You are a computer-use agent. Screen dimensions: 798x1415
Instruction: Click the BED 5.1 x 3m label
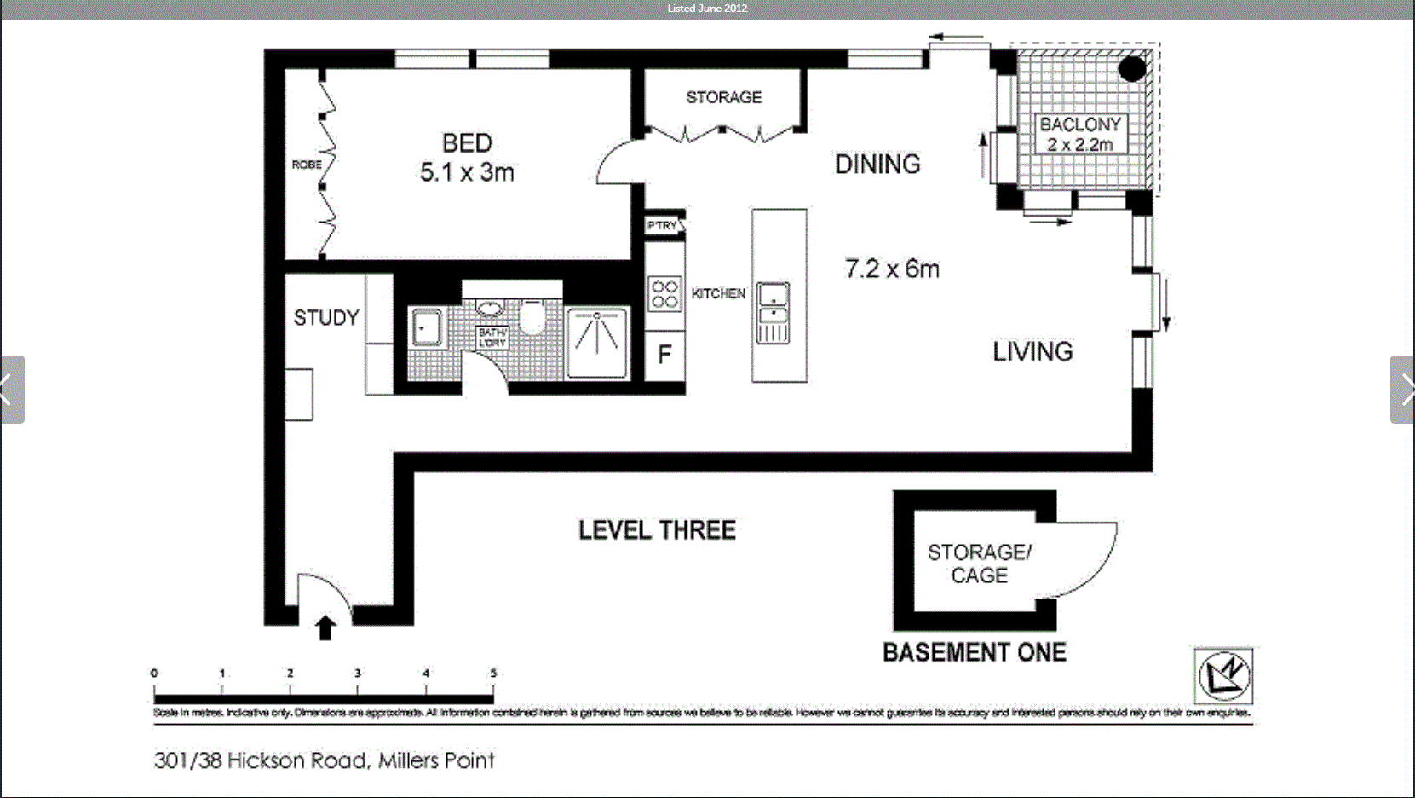pyautogui.click(x=467, y=158)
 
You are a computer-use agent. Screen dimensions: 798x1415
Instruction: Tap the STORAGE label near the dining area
pyautogui.click(x=723, y=97)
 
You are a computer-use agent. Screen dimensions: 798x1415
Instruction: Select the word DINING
pyautogui.click(x=877, y=165)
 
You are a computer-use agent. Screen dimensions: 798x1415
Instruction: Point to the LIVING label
pyautogui.click(x=1032, y=351)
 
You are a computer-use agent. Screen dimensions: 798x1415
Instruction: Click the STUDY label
pyautogui.click(x=326, y=318)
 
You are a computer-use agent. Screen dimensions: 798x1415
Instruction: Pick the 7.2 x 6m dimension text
pyautogui.click(x=891, y=269)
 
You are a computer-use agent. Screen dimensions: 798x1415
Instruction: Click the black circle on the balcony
pyautogui.click(x=1131, y=69)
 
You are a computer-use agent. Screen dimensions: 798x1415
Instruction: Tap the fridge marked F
pyautogui.click(x=664, y=355)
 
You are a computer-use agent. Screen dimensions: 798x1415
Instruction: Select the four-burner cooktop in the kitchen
pyautogui.click(x=664, y=294)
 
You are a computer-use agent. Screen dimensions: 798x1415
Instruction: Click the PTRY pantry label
pyautogui.click(x=662, y=225)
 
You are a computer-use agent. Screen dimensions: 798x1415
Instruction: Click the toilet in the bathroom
pyautogui.click(x=532, y=318)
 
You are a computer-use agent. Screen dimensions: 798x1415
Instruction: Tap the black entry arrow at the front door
pyautogui.click(x=325, y=628)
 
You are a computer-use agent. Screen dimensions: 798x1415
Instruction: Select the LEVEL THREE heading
pyautogui.click(x=657, y=530)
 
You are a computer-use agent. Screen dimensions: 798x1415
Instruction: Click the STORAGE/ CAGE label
pyautogui.click(x=979, y=564)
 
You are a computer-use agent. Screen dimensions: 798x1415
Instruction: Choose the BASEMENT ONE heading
pyautogui.click(x=974, y=653)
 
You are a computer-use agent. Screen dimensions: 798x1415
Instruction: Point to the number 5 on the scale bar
pyautogui.click(x=492, y=673)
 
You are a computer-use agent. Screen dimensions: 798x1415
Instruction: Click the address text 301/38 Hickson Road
pyautogui.click(x=324, y=760)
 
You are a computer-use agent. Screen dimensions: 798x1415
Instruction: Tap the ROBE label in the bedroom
pyautogui.click(x=306, y=165)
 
